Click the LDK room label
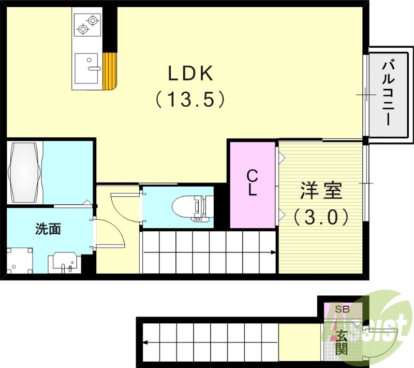190,74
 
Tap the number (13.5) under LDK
190,99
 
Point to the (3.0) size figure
321,216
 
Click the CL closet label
252,182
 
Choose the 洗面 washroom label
48,229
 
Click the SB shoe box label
343,309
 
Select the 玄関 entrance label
341,342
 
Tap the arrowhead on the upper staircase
273,253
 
